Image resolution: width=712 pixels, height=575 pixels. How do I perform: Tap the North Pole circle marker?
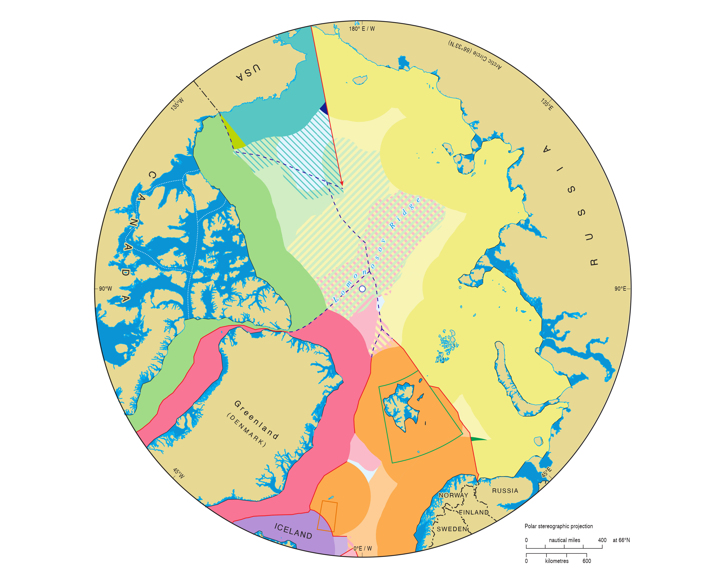[x=362, y=289]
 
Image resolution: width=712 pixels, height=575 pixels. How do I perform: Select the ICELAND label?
[x=293, y=531]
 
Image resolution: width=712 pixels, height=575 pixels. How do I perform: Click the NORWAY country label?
[x=453, y=495]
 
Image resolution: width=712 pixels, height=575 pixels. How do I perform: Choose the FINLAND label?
[x=474, y=512]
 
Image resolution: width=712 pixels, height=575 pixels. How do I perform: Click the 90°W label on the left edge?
[x=105, y=289]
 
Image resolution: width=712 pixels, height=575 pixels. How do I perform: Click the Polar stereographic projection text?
[x=559, y=526]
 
